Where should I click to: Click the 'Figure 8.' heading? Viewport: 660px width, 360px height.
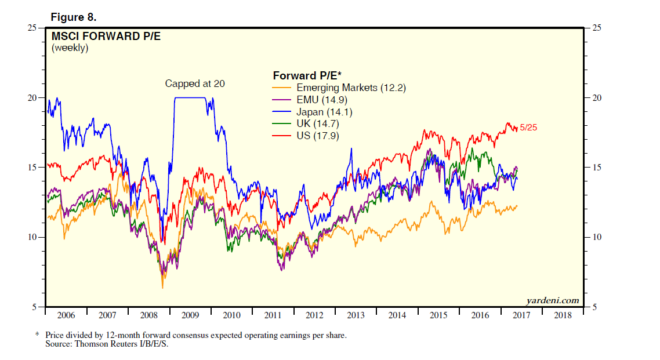click(73, 17)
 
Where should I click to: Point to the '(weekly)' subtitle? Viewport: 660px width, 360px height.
click(70, 49)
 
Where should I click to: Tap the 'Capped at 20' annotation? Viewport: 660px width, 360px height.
click(195, 83)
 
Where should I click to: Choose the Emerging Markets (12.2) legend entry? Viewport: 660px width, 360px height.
click(351, 88)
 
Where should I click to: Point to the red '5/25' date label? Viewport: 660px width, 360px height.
click(528, 128)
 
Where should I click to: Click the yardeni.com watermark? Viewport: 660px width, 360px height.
click(553, 300)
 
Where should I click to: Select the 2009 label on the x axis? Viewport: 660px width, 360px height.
click(190, 316)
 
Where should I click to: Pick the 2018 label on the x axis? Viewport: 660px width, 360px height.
click(562, 316)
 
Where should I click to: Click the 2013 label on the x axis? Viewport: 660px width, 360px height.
click(356, 316)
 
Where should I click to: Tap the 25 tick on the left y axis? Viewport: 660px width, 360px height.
click(34, 28)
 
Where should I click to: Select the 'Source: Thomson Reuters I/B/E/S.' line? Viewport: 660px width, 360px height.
click(107, 344)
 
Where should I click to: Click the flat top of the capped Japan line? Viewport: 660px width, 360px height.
click(190, 97)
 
